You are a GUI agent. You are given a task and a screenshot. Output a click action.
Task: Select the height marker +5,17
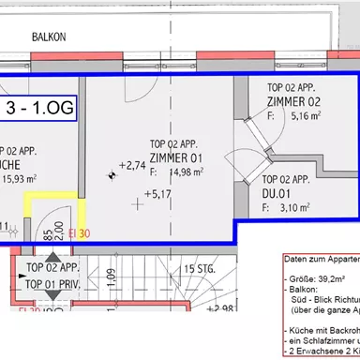pyautogui.click(x=156, y=195)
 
